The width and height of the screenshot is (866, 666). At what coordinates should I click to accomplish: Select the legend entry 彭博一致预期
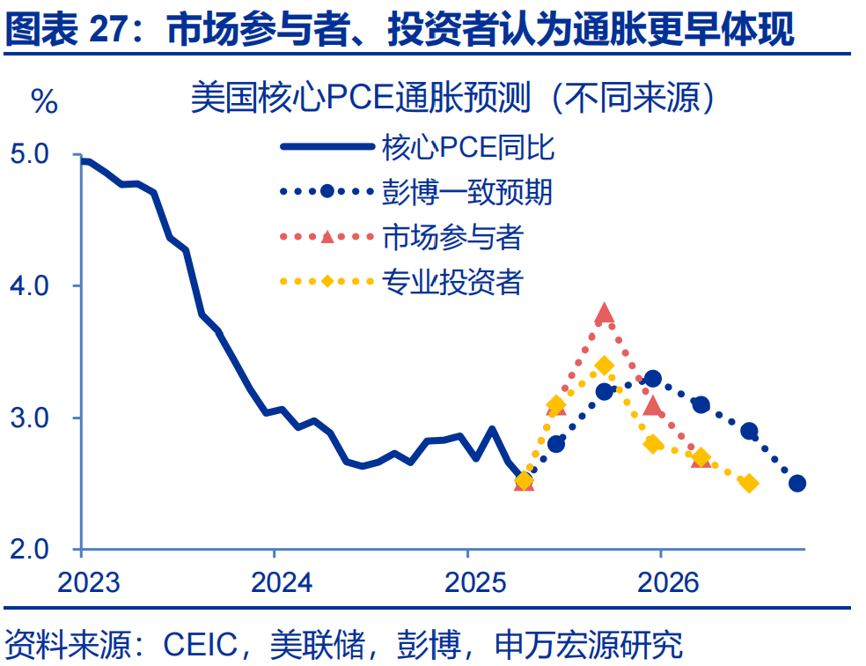(x=467, y=191)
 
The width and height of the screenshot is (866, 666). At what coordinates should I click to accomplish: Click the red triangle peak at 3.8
(x=604, y=314)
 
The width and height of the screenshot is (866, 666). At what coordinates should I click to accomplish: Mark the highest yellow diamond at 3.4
(x=604, y=366)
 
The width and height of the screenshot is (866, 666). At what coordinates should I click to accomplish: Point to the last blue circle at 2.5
(x=797, y=483)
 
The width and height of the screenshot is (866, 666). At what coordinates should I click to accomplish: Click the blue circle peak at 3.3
(x=652, y=379)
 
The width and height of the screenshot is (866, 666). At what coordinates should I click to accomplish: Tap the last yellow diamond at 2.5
(x=749, y=483)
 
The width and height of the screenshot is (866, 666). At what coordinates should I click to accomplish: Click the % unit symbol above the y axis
(x=45, y=102)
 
